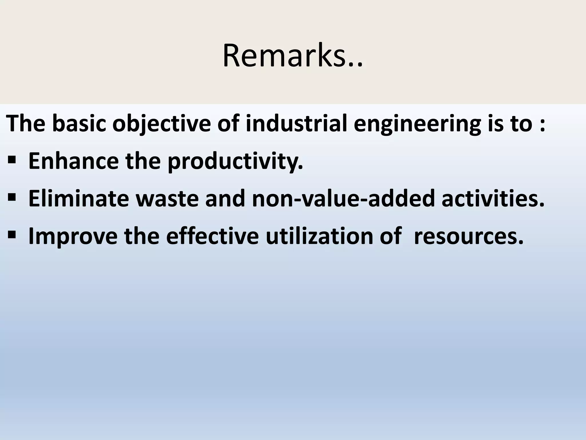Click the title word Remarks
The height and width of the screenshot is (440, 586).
(x=292, y=56)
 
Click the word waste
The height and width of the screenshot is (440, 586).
(x=167, y=199)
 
